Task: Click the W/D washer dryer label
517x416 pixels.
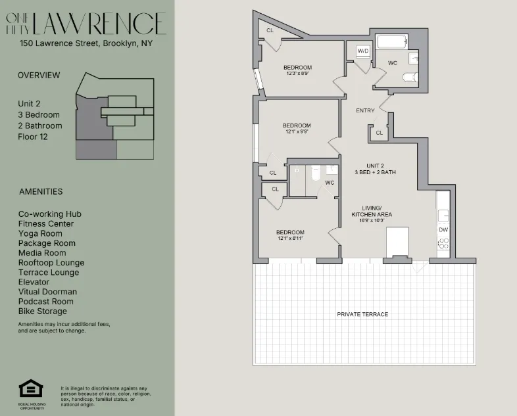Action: coord(363,51)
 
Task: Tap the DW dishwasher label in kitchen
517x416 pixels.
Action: coord(443,230)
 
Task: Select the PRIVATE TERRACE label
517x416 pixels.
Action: coord(362,314)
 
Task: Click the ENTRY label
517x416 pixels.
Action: coord(365,110)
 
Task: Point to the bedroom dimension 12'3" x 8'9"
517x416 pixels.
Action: coord(297,74)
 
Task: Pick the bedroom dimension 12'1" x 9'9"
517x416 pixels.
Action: coord(296,131)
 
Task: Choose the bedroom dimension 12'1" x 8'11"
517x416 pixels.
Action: coord(290,239)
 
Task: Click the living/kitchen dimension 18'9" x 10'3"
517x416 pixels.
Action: coord(372,221)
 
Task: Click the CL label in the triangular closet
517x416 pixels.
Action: coord(270,31)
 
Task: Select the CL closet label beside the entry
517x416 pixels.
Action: coord(379,133)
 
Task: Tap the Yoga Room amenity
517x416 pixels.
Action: coord(40,233)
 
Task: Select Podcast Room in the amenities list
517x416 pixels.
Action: coord(46,302)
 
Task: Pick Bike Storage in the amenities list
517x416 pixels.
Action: coord(43,312)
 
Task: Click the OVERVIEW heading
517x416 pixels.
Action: coord(39,76)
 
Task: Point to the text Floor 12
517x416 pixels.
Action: coord(33,137)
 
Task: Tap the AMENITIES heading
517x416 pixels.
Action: coord(41,192)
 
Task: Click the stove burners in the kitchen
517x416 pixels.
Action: coord(443,244)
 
